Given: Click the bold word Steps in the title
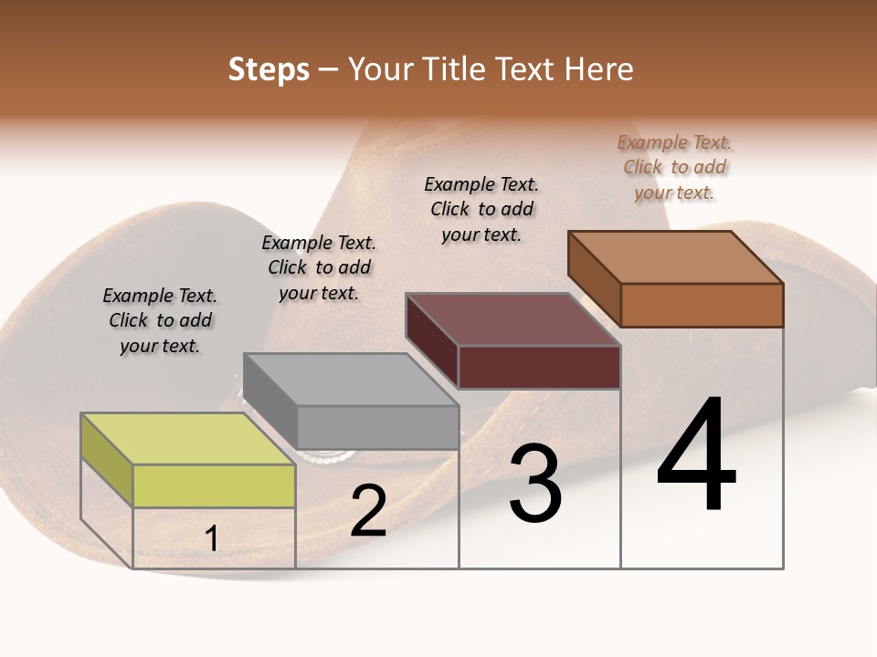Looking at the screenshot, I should (x=269, y=69).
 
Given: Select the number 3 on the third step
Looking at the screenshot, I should (x=534, y=484).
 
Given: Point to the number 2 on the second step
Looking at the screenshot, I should (x=369, y=511).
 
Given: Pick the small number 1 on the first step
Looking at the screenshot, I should (x=211, y=539).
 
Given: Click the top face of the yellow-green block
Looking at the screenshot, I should (x=187, y=438).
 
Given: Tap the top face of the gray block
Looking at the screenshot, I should (x=350, y=379).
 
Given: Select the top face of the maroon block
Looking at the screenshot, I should (x=512, y=319).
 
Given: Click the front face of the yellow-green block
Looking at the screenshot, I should (x=214, y=485).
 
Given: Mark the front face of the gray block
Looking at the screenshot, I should (x=377, y=427).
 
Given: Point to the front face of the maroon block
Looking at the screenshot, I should (x=539, y=367).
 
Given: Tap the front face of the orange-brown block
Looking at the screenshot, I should (x=702, y=305).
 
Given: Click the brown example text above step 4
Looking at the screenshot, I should (x=675, y=167).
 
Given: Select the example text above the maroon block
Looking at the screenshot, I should (x=481, y=209).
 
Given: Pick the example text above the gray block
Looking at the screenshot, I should (x=319, y=267).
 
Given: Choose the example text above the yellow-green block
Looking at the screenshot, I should (x=160, y=320).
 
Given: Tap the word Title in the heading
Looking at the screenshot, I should (x=451, y=69).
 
